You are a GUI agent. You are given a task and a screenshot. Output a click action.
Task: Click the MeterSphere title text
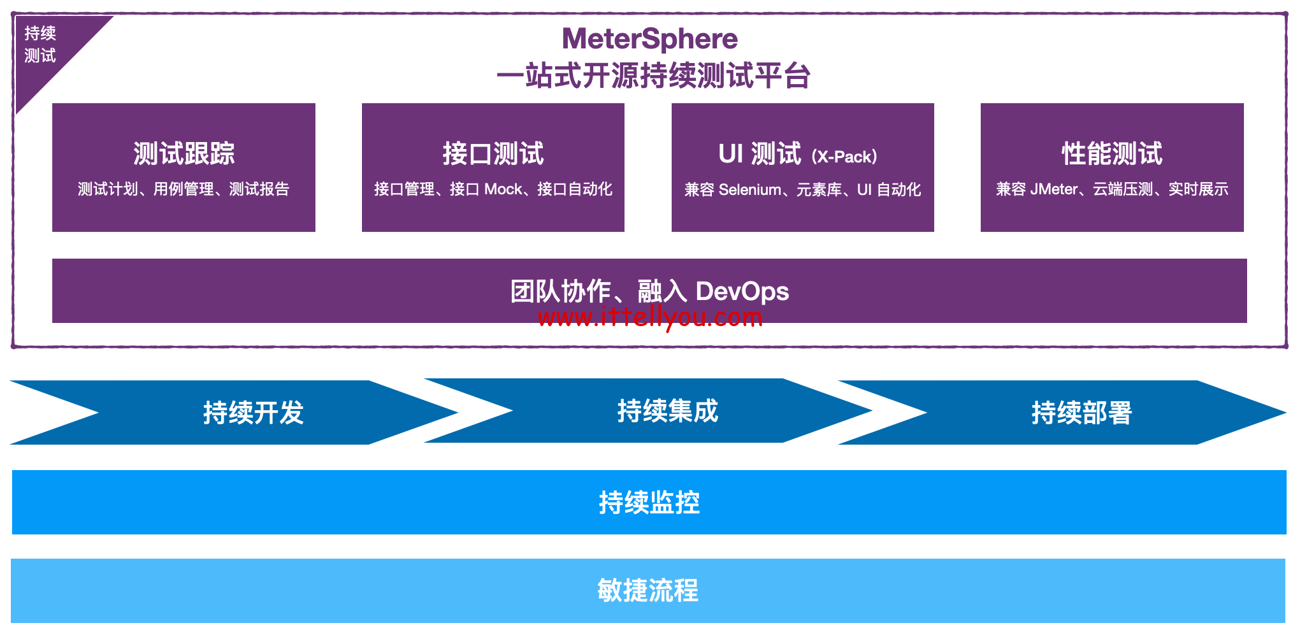(x=649, y=39)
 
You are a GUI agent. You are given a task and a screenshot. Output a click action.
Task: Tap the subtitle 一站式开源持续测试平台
(x=653, y=76)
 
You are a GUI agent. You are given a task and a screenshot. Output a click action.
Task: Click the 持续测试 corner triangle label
(x=40, y=45)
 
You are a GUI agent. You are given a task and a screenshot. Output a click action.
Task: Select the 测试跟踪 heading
(x=184, y=154)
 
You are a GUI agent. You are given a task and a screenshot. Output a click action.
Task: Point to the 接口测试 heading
(x=493, y=154)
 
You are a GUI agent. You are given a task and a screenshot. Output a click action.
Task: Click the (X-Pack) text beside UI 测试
(x=844, y=157)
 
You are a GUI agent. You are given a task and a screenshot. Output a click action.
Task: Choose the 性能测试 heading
(x=1112, y=154)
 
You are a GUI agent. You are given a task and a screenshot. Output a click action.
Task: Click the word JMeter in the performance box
(x=1054, y=189)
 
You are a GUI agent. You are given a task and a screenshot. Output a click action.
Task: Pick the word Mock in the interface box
(x=503, y=189)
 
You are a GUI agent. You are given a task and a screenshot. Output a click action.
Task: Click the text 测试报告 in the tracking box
(x=259, y=189)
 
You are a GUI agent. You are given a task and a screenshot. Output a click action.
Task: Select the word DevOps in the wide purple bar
(x=742, y=291)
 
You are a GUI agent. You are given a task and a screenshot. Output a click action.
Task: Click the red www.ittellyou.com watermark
(x=650, y=317)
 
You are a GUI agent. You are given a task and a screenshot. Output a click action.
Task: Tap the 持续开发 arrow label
(x=254, y=413)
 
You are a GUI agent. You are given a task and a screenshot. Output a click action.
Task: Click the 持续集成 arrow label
(x=668, y=411)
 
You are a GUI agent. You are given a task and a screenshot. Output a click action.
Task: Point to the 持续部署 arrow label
(x=1081, y=413)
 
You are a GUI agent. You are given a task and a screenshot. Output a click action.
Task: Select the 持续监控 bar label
(x=649, y=503)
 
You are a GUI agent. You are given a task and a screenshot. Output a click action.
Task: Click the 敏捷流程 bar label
(x=648, y=590)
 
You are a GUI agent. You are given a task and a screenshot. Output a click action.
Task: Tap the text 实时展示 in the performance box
(x=1198, y=189)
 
